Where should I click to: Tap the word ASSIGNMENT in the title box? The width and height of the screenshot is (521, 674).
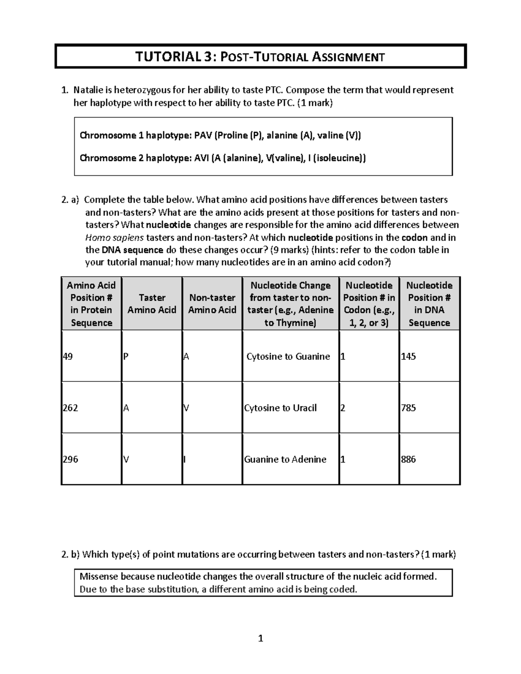click(x=349, y=57)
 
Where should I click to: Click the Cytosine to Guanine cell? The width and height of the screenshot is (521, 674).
click(x=288, y=356)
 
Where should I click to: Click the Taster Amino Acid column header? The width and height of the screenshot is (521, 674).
click(x=152, y=303)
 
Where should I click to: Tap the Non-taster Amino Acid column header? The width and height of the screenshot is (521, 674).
click(x=212, y=303)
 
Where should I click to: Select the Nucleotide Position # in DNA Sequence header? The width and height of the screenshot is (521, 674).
click(x=429, y=303)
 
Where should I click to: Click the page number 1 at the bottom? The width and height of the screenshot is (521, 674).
click(x=260, y=638)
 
